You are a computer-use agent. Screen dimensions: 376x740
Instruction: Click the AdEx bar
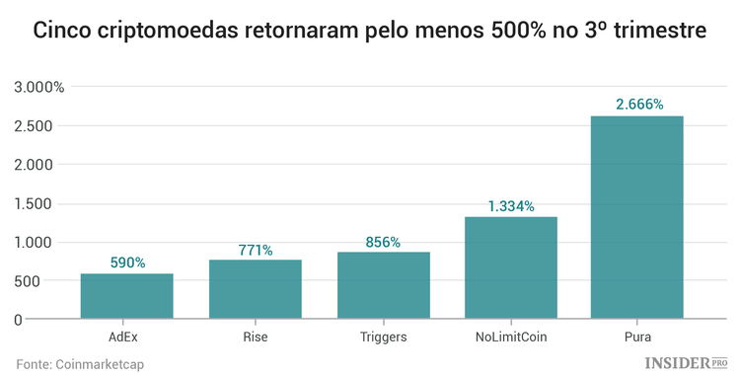coord(127,296)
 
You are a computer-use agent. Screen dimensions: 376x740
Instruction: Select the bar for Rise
coord(255,289)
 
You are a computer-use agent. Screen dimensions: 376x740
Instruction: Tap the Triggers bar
coord(384,285)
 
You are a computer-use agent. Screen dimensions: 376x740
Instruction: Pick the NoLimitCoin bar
coord(511,267)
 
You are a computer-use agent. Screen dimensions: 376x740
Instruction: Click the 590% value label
coord(127,263)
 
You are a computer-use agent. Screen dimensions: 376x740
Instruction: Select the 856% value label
coord(384,242)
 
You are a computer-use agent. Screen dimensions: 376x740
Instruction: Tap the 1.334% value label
coord(511,205)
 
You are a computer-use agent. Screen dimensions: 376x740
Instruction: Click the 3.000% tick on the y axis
coord(39,87)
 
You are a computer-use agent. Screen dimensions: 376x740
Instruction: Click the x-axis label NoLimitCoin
coord(511,338)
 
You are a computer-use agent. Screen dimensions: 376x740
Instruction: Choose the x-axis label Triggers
coord(384,338)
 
